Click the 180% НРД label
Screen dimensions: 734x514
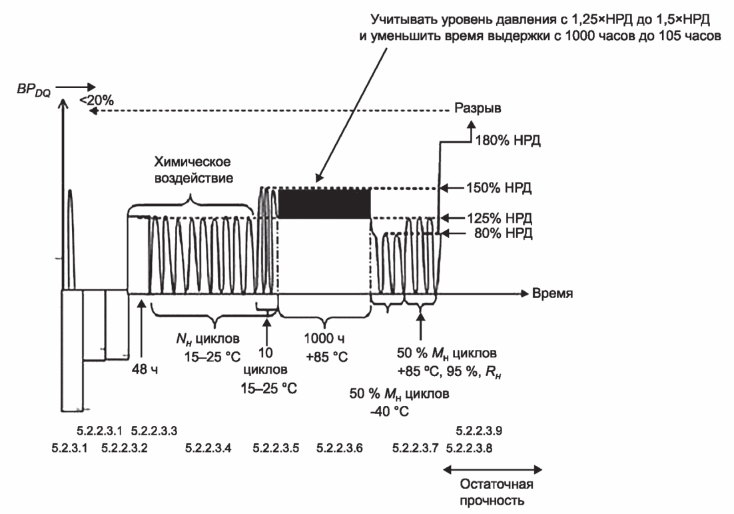point(508,140)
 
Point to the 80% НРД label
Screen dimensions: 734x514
point(504,233)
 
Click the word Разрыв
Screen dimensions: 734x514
point(478,108)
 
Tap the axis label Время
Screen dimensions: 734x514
point(552,293)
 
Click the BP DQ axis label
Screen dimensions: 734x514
point(34,89)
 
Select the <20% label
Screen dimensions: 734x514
point(97,100)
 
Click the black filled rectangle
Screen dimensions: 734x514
point(324,203)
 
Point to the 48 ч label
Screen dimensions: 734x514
point(145,369)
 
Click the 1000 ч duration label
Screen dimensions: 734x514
point(324,338)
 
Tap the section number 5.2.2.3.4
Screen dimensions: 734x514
point(208,448)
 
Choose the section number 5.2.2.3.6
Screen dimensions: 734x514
point(340,448)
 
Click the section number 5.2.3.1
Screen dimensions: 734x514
point(69,448)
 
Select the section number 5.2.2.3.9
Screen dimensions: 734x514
point(479,430)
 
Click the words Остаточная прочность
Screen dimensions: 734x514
point(496,492)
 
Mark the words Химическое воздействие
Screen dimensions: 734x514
point(193,169)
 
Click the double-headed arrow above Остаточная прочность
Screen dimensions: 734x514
point(492,469)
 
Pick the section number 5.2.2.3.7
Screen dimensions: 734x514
point(415,448)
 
